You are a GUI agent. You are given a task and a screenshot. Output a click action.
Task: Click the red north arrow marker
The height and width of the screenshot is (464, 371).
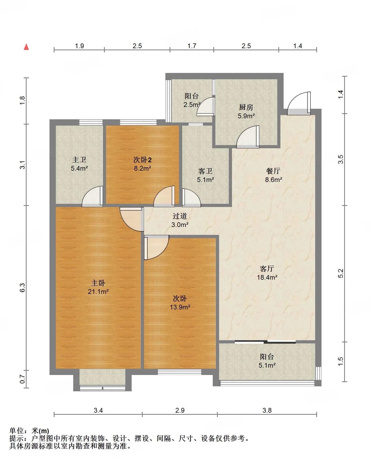point(26,47)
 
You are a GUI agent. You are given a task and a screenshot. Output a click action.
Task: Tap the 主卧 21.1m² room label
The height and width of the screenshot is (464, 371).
point(98,287)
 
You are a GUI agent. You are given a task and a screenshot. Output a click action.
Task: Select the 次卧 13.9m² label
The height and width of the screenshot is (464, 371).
point(180,303)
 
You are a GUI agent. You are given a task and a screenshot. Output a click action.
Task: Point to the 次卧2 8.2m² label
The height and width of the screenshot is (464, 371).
point(142,164)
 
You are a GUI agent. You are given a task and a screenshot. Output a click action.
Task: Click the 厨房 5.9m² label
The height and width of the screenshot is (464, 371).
point(246,111)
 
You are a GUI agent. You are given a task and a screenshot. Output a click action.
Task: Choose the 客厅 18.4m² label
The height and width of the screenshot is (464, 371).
point(267,273)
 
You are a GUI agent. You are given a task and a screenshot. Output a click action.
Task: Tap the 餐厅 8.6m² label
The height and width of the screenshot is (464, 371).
point(273,175)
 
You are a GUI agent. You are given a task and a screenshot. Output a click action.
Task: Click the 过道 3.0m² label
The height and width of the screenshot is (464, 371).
point(180,220)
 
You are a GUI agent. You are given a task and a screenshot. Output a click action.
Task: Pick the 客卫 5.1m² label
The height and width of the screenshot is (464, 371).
point(205,175)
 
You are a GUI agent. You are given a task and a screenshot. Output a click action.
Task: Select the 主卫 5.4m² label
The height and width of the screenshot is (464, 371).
point(79,164)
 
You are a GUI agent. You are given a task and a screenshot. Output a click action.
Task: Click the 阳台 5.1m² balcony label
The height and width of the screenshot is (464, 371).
point(267,361)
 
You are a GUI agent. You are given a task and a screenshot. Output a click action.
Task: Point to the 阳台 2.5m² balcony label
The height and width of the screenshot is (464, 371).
point(192,100)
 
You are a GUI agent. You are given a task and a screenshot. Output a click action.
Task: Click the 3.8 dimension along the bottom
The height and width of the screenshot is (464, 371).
point(267,410)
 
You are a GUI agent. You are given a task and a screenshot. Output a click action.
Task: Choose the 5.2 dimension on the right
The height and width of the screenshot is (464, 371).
point(341,273)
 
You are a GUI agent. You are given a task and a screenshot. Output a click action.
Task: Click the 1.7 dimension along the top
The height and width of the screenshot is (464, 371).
point(192,46)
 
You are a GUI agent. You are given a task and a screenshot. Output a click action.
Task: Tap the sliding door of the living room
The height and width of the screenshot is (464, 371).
point(265,342)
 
